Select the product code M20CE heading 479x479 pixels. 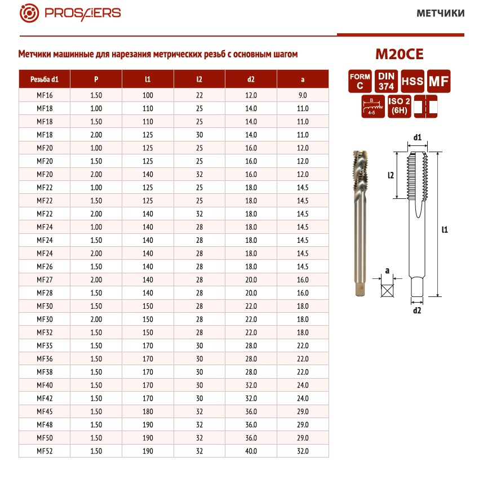pyautogui.click(x=399, y=55)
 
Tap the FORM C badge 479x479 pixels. pyautogui.click(x=360, y=81)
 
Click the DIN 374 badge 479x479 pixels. pyautogui.click(x=386, y=81)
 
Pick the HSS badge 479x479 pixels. pyautogui.click(x=413, y=82)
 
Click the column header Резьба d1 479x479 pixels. pyautogui.click(x=45, y=79)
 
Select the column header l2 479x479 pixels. pyautogui.click(x=199, y=79)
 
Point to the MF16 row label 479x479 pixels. pyautogui.click(x=45, y=95)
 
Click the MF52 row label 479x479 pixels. pyautogui.click(x=45, y=451)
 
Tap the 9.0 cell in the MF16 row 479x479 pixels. pyautogui.click(x=303, y=95)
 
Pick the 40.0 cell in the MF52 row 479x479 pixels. pyautogui.click(x=251, y=451)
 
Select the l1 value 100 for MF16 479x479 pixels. pyautogui.click(x=148, y=95)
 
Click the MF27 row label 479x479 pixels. pyautogui.click(x=45, y=280)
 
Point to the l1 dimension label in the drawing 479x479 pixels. pyautogui.click(x=445, y=229)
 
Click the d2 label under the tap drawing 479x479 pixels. pyautogui.click(x=417, y=310)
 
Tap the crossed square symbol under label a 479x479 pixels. pyautogui.click(x=387, y=291)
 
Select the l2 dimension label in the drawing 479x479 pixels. pyautogui.click(x=391, y=175)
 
